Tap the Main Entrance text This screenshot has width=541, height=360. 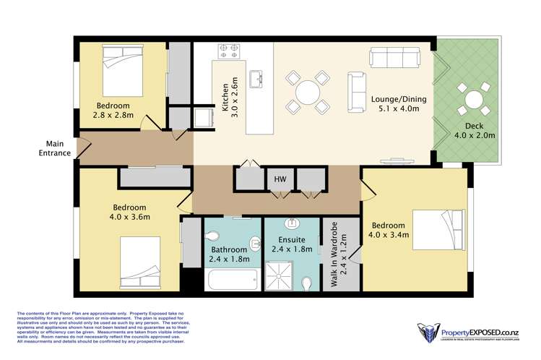point(56,148)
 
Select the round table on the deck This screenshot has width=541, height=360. point(474,99)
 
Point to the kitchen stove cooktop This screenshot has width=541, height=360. point(230,51)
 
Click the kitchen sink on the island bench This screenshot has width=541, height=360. point(256,77)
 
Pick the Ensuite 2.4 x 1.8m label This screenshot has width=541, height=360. point(293,244)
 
